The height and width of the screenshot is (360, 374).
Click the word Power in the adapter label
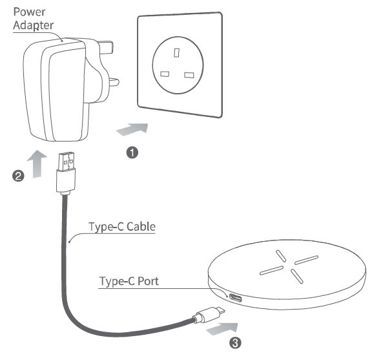pos(29,12)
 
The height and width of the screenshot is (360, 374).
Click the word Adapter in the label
pos(33,25)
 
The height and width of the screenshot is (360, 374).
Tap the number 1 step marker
pos(132,153)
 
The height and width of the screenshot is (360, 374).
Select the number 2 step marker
pos(18,176)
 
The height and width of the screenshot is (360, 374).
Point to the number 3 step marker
pos(235,343)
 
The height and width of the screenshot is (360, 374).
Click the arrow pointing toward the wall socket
pos(132,129)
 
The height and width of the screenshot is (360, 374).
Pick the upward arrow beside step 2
pos(37,164)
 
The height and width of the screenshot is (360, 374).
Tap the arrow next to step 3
pos(222,329)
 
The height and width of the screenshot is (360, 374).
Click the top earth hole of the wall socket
pos(176,53)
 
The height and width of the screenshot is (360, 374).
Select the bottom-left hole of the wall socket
pos(165,74)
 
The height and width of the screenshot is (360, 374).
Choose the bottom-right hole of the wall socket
pos(189,75)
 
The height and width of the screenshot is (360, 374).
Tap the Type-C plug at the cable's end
pos(209,314)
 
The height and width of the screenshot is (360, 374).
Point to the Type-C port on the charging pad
pos(236,298)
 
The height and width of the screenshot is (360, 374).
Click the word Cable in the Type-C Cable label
pos(141,227)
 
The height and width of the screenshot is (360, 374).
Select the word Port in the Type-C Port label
pos(148,281)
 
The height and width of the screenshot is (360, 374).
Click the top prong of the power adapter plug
pos(107,47)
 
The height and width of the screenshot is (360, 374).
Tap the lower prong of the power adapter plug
pos(113,82)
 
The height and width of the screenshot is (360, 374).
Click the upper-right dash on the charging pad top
pos(306,260)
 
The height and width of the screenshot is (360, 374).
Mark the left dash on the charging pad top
pos(271,270)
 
